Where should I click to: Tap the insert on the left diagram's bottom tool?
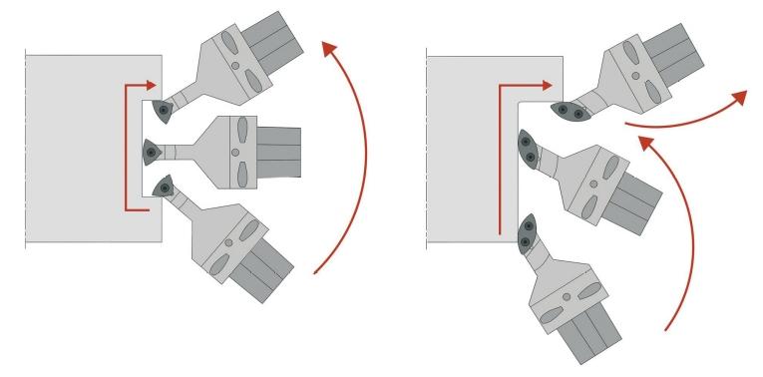(159, 187)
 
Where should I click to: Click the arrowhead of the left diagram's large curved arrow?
(326, 44)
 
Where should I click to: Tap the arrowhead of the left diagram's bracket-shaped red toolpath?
(152, 88)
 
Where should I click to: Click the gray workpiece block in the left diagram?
(85, 150)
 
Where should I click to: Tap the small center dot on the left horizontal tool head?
(234, 151)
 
